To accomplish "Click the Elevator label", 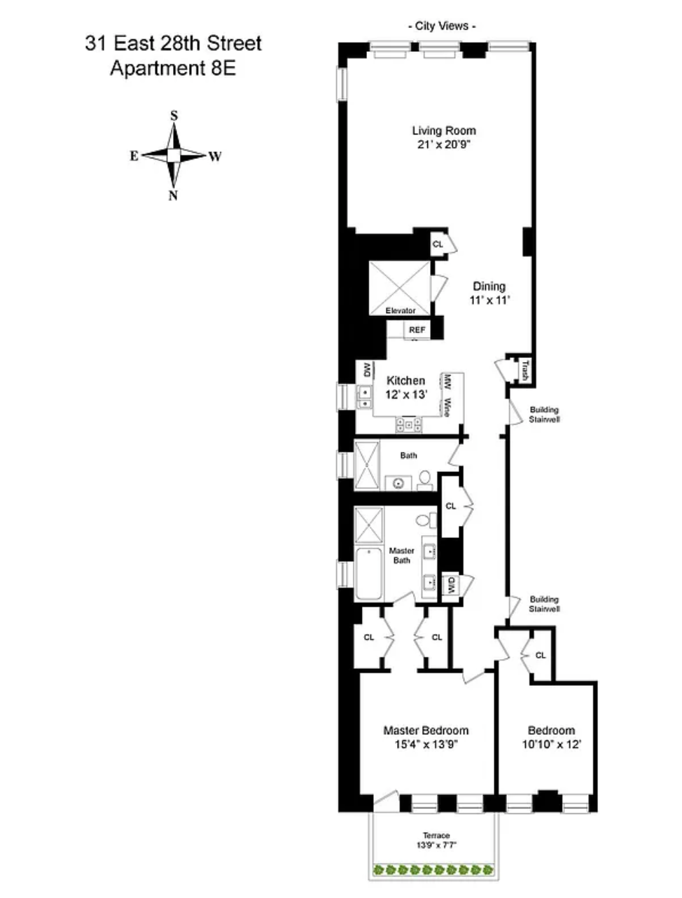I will click(400, 310).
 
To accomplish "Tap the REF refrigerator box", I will click(417, 330).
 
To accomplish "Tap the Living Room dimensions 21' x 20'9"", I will click(443, 144).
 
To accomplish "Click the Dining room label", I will click(489, 286).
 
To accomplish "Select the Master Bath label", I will click(401, 555).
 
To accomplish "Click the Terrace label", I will click(436, 836).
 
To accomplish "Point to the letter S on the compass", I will click(174, 116).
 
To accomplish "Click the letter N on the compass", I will click(173, 195).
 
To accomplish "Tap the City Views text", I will click(441, 27).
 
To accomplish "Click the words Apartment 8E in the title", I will click(173, 69).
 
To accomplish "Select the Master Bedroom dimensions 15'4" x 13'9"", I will click(426, 745).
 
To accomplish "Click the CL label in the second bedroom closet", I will click(540, 656).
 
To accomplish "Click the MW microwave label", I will click(446, 382).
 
